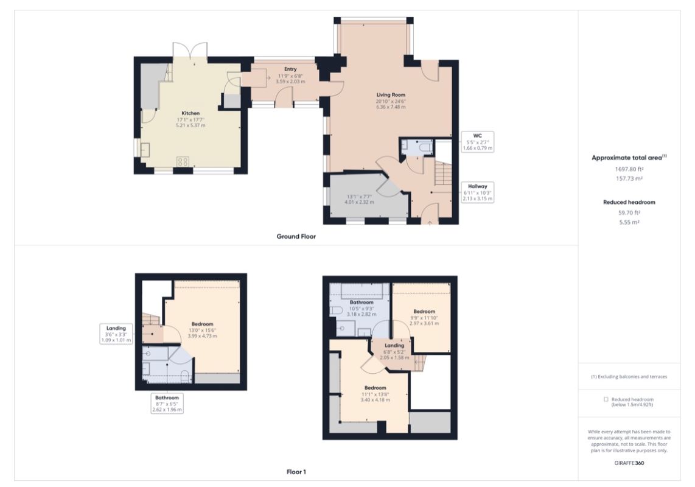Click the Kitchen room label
(190, 113)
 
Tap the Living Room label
(391, 94)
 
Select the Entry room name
(290, 69)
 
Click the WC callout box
(477, 142)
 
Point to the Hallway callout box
(477, 192)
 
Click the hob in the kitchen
(183, 161)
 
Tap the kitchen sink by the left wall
(145, 150)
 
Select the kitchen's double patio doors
(190, 51)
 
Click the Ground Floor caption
(296, 236)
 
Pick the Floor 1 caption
(296, 472)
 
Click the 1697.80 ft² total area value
(629, 169)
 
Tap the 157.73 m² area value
(629, 178)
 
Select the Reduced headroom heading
(629, 202)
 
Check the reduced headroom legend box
(606, 399)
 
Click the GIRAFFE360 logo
(629, 463)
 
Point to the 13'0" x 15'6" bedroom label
(202, 330)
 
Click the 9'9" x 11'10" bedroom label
(424, 317)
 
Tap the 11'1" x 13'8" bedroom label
(375, 393)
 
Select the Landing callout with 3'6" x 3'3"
(116, 334)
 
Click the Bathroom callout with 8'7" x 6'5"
(167, 404)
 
